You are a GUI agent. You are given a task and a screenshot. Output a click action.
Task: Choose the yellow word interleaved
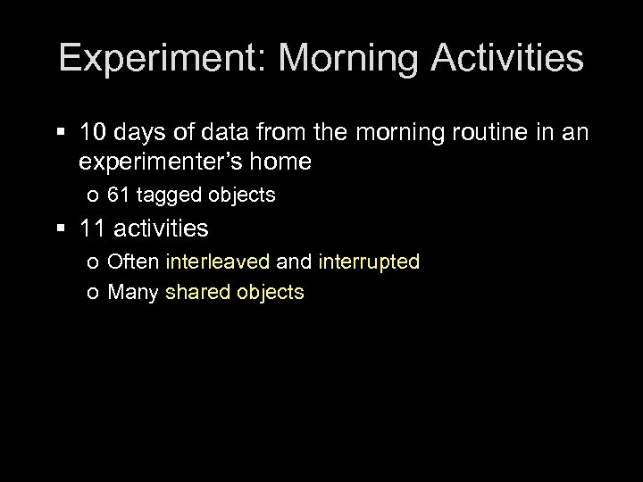click(x=218, y=262)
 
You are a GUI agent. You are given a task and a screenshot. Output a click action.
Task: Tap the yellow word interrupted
click(x=368, y=262)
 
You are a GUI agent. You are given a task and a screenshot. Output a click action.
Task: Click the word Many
click(x=132, y=292)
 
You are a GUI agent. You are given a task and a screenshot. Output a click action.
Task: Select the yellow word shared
click(x=197, y=292)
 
